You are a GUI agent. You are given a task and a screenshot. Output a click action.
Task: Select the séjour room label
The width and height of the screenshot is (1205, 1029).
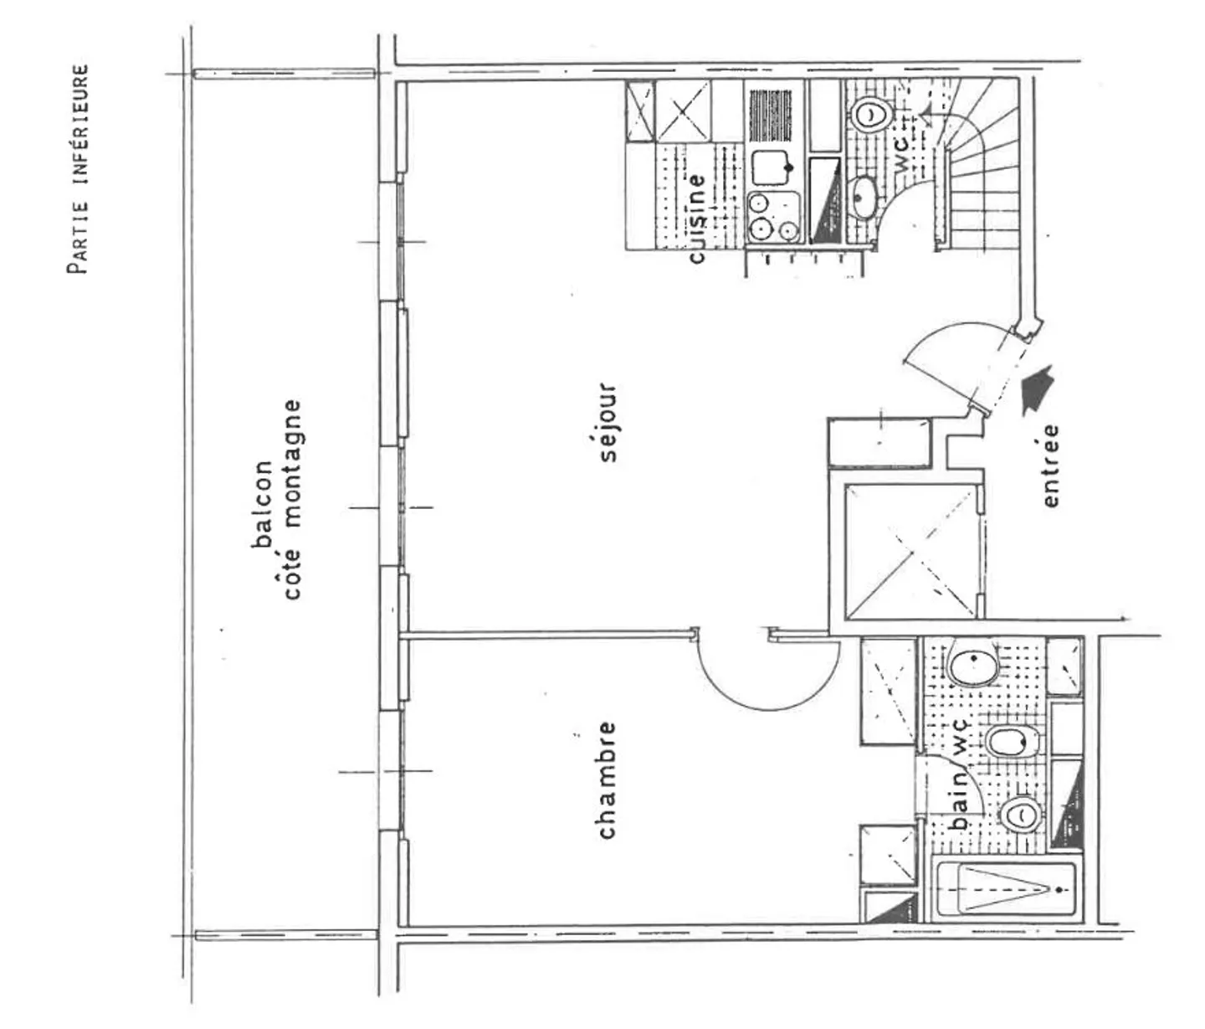pyautogui.click(x=608, y=423)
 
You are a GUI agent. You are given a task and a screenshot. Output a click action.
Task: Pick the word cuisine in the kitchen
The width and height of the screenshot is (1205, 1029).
pyautogui.click(x=696, y=217)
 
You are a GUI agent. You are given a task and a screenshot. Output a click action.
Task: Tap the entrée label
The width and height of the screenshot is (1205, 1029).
pyautogui.click(x=1050, y=466)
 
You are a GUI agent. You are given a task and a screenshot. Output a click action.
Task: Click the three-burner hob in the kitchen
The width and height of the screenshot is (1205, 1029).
pyautogui.click(x=772, y=217)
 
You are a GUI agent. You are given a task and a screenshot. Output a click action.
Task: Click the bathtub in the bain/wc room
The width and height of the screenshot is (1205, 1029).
pyautogui.click(x=1004, y=889)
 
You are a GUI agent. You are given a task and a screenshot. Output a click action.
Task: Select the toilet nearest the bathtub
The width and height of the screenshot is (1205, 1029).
pyautogui.click(x=1021, y=813)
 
